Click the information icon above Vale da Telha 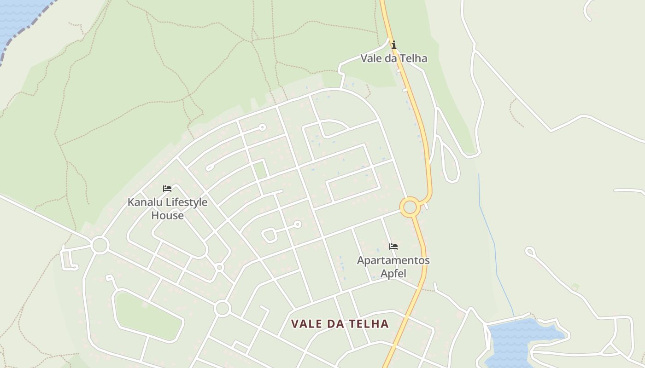pyautogui.click(x=393, y=45)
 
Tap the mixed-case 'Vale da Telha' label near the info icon pyautogui.click(x=393, y=58)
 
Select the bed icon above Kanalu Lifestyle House pyautogui.click(x=167, y=189)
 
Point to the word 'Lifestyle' pyautogui.click(x=187, y=202)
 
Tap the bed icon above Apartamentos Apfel pyautogui.click(x=393, y=247)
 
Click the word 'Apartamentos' pyautogui.click(x=393, y=260)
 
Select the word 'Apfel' pyautogui.click(x=393, y=273)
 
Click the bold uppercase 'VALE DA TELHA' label pyautogui.click(x=340, y=324)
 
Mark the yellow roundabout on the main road pyautogui.click(x=410, y=207)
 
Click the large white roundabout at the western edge pyautogui.click(x=100, y=245)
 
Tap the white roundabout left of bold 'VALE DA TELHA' pyautogui.click(x=223, y=308)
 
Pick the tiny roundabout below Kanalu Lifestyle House pyautogui.click(x=220, y=267)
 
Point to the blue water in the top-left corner pyautogui.click(x=18, y=18)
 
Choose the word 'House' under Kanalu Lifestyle pyautogui.click(x=167, y=216)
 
